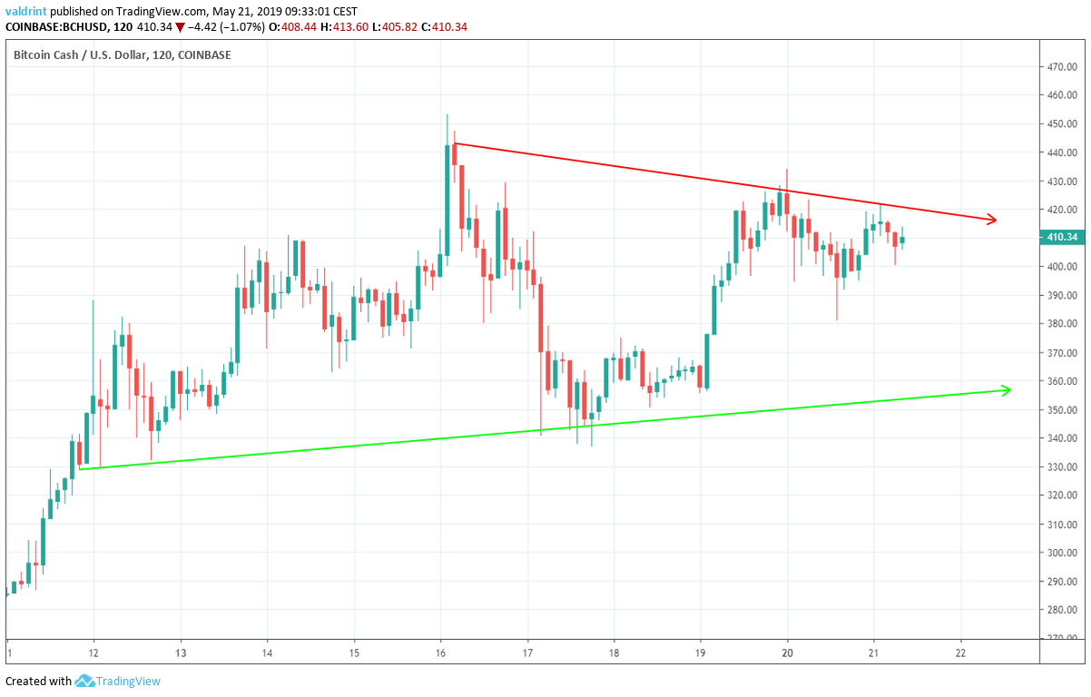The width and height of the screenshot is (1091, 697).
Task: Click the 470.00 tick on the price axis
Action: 1063,66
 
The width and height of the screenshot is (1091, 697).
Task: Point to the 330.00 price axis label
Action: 1063,466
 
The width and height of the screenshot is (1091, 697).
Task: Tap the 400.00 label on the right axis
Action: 1063,267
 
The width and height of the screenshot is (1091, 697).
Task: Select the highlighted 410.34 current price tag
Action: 1061,238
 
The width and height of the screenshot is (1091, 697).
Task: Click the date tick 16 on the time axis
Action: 441,653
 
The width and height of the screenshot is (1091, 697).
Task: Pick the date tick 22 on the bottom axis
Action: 961,653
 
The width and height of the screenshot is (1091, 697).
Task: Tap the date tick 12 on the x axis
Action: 94,653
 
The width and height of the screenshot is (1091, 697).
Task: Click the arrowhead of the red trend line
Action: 992,219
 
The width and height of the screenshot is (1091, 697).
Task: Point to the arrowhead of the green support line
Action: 1006,390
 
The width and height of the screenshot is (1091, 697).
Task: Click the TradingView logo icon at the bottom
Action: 85,681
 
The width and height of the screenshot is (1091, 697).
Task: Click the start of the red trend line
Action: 454,142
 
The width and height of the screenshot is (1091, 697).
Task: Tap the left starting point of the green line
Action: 80,468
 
